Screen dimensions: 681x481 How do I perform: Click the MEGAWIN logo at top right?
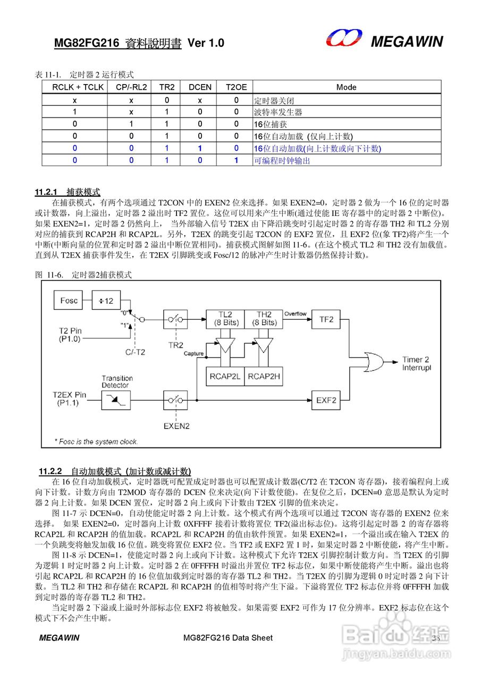tap(384, 40)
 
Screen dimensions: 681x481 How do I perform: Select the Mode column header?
tap(346, 87)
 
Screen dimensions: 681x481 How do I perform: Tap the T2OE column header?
tap(236, 87)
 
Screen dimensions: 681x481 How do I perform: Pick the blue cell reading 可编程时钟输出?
tap(282, 161)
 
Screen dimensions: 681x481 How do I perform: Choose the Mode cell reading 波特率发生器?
tap(278, 112)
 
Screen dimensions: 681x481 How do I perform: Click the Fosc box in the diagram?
tap(69, 301)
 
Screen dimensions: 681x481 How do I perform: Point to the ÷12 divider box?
tap(106, 301)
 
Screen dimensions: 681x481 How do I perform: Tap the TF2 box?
tap(326, 319)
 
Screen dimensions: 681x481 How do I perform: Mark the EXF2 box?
tap(326, 398)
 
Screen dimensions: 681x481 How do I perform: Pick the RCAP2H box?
tap(264, 376)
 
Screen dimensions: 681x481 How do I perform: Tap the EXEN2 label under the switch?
tap(177, 426)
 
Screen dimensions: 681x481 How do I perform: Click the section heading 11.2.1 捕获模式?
tap(67, 192)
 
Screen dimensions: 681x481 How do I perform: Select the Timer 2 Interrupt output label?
tap(416, 364)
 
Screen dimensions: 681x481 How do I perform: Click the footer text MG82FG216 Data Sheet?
tap(227, 638)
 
